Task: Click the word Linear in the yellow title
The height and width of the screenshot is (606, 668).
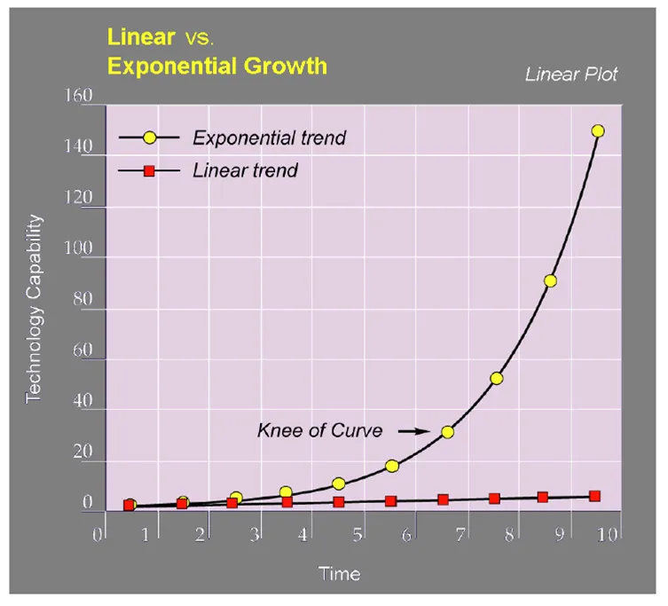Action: [141, 37]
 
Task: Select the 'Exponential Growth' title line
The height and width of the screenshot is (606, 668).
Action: [217, 66]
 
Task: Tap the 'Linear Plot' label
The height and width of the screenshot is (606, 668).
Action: [571, 75]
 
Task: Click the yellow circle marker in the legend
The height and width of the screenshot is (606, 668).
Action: [150, 138]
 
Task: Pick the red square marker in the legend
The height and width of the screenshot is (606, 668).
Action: [149, 171]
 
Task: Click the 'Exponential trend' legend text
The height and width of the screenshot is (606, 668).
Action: [270, 138]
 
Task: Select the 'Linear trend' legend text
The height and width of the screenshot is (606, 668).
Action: [245, 170]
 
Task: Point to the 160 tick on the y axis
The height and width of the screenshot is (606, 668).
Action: [78, 96]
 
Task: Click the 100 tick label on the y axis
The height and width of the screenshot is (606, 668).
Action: [78, 248]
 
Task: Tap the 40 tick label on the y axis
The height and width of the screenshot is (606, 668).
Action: [83, 400]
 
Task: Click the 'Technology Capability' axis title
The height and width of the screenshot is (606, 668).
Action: [34, 309]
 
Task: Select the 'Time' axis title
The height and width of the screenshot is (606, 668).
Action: [339, 573]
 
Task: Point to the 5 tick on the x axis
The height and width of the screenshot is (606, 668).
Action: [358, 534]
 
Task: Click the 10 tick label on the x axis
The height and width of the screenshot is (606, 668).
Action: [607, 534]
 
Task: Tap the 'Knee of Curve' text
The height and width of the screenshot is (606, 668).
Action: [320, 430]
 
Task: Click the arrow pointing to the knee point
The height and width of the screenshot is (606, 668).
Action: [413, 432]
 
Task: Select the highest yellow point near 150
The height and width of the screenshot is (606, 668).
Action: [598, 130]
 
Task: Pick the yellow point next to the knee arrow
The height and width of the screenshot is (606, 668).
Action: [447, 432]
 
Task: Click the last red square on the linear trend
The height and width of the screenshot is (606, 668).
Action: [594, 496]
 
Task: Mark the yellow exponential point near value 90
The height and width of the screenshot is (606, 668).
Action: [550, 281]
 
